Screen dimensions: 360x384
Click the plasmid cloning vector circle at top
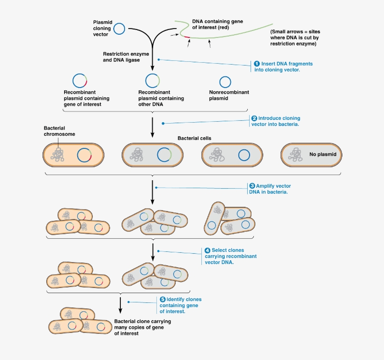coord(119,29)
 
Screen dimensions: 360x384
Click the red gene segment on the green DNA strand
coord(186,37)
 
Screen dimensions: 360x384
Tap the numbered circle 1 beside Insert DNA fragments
coord(257,64)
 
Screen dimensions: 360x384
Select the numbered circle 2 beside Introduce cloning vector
coord(254,118)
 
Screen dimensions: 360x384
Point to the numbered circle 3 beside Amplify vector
coord(252,186)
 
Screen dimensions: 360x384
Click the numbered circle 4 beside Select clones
coord(207,250)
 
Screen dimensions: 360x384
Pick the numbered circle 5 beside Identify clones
coord(162,299)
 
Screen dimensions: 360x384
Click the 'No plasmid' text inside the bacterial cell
coord(323,154)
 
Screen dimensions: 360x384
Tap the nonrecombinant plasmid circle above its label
coord(225,81)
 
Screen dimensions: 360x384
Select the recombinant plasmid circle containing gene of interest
coord(80,81)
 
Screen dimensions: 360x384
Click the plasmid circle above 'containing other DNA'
coord(152,81)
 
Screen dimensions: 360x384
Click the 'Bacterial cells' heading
coord(194,139)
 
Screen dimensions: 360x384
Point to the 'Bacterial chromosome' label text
coord(59,131)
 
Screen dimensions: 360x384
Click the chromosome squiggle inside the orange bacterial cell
coord(59,154)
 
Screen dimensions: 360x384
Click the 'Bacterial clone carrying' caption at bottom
coord(142,322)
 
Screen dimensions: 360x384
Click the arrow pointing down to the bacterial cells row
coord(153,127)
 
